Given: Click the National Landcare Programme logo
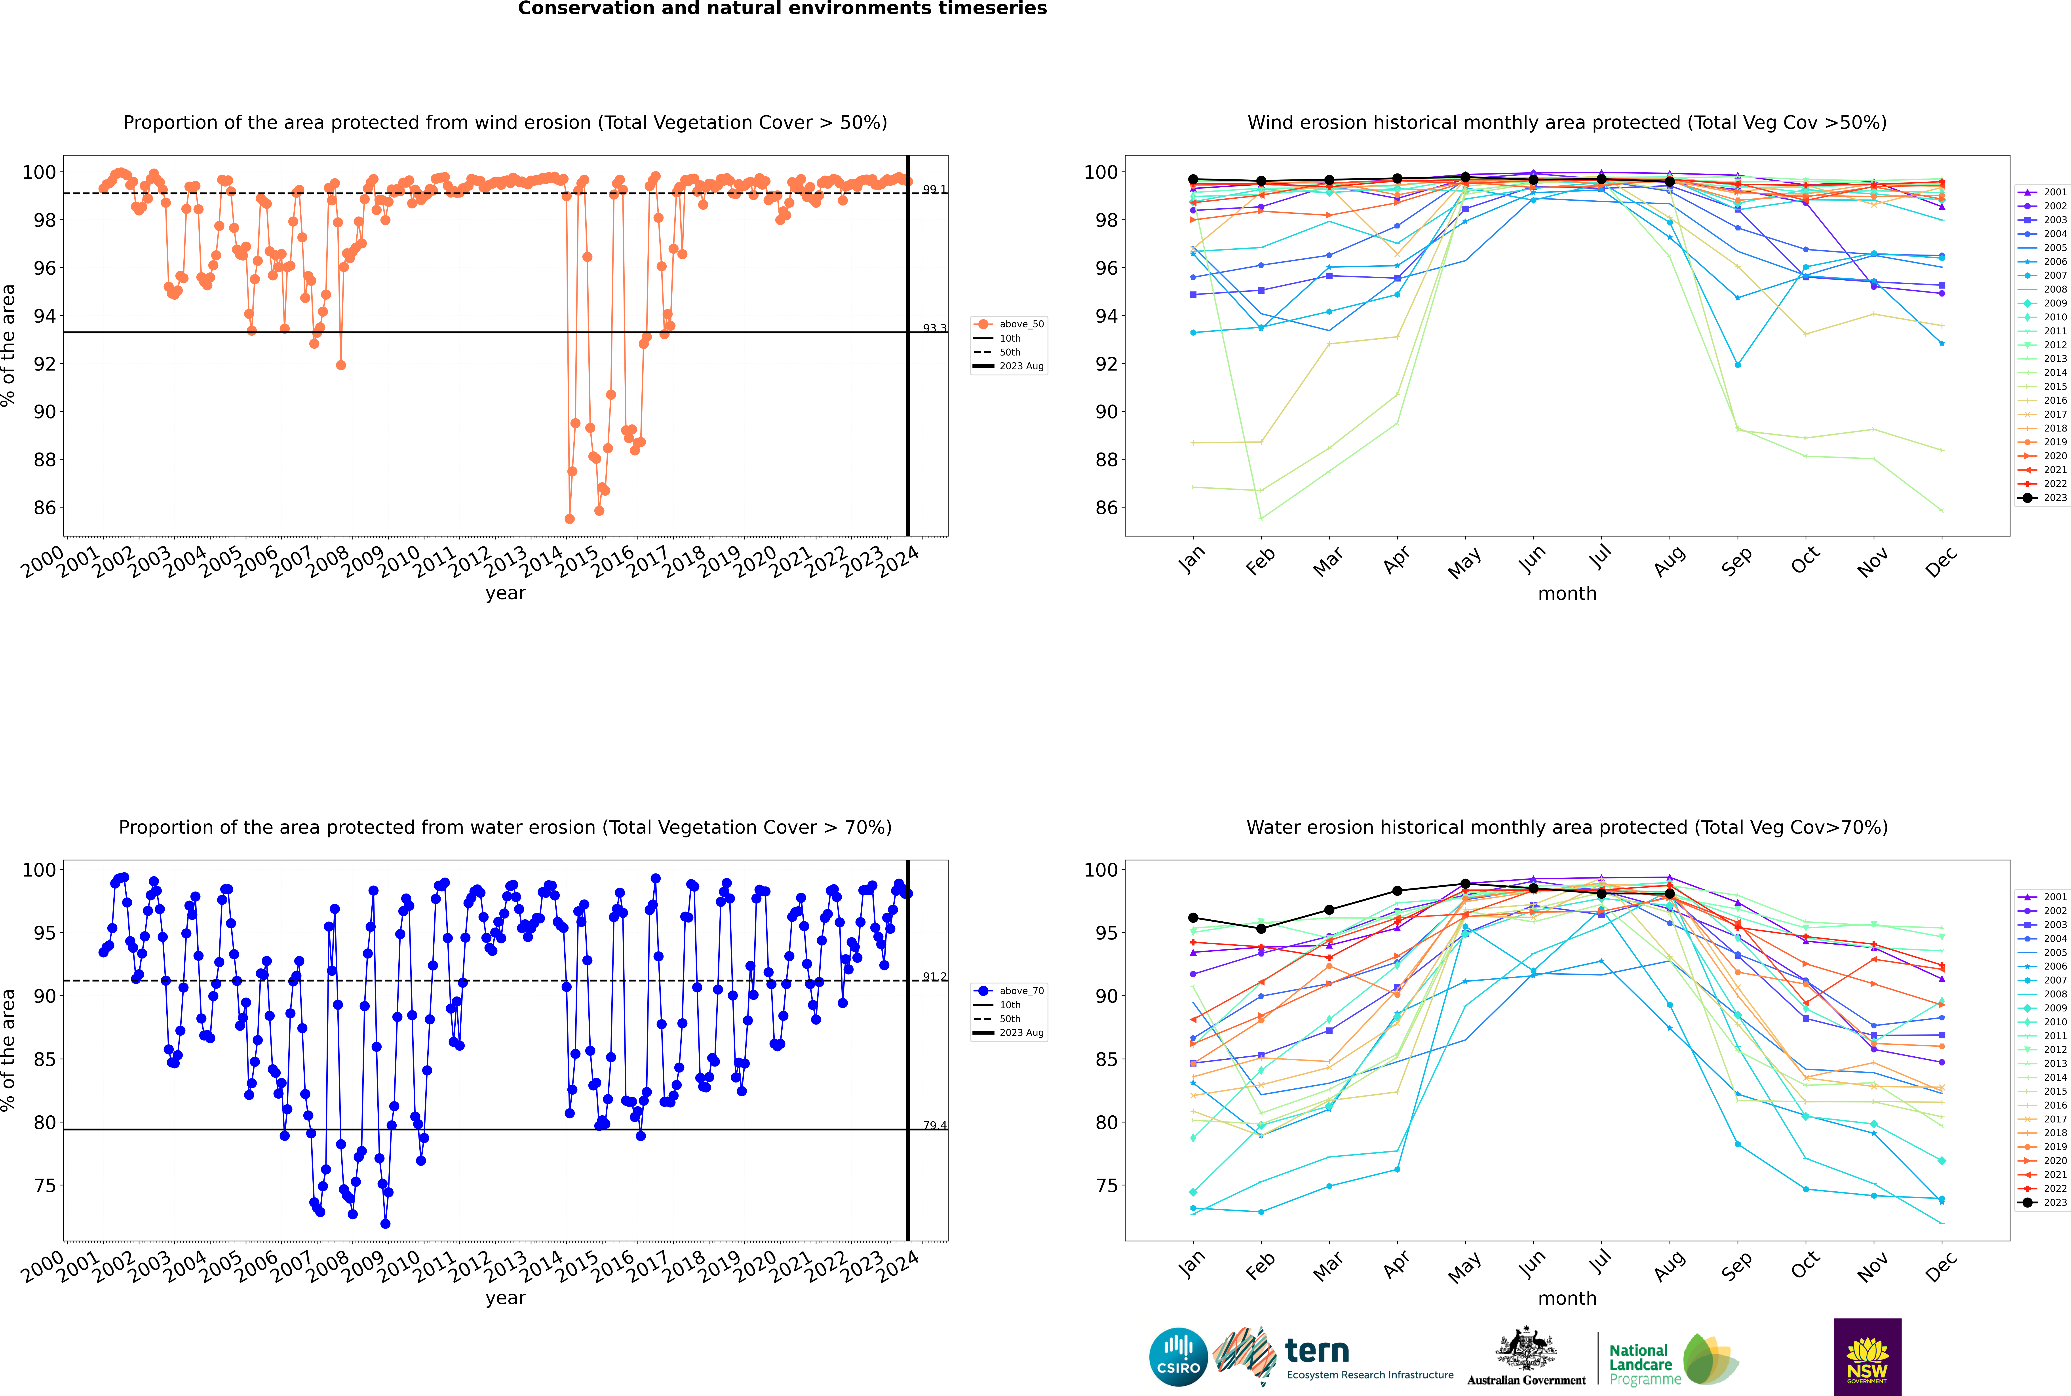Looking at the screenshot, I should coord(1672,1360).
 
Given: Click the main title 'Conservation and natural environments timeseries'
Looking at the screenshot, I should coord(782,9).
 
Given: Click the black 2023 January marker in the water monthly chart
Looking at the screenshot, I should coord(1193,918).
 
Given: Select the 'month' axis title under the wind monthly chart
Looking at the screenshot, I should coord(1567,594).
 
